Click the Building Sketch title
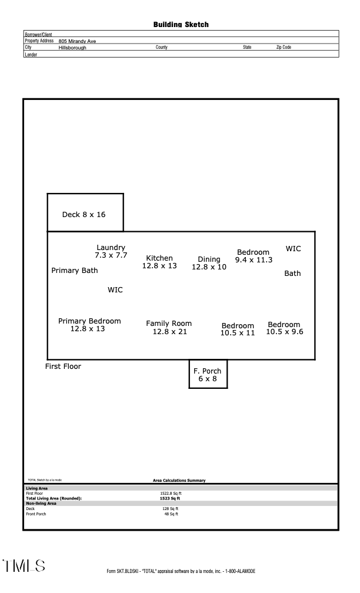pyautogui.click(x=181, y=25)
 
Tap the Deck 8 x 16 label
pyautogui.click(x=84, y=215)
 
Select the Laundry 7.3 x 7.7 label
pyautogui.click(x=111, y=252)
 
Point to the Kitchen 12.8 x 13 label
pyautogui.click(x=159, y=262)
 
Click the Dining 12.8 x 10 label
pyautogui.click(x=209, y=263)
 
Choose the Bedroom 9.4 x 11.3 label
pyautogui.click(x=254, y=256)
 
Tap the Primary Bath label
pyautogui.click(x=75, y=271)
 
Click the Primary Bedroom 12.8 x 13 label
pyautogui.click(x=89, y=325)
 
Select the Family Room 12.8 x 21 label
pyautogui.click(x=169, y=328)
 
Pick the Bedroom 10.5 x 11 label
pyautogui.click(x=238, y=329)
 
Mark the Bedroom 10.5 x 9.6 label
pyautogui.click(x=284, y=328)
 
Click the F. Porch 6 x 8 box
pyautogui.click(x=208, y=375)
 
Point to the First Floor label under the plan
pyautogui.click(x=64, y=367)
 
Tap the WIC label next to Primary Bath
pyautogui.click(x=115, y=290)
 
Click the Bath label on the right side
pyautogui.click(x=292, y=274)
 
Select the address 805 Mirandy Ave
pyautogui.click(x=78, y=41)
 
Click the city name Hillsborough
pyautogui.click(x=72, y=47)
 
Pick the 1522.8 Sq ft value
pyautogui.click(x=171, y=493)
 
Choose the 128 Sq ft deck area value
pyautogui.click(x=171, y=508)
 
